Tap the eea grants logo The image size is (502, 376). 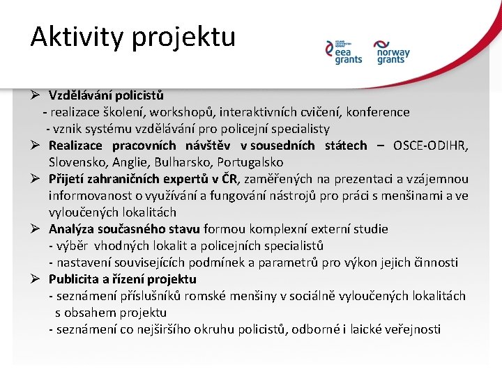344,53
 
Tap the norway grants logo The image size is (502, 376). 393,53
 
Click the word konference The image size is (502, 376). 381,112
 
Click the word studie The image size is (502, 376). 370,229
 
